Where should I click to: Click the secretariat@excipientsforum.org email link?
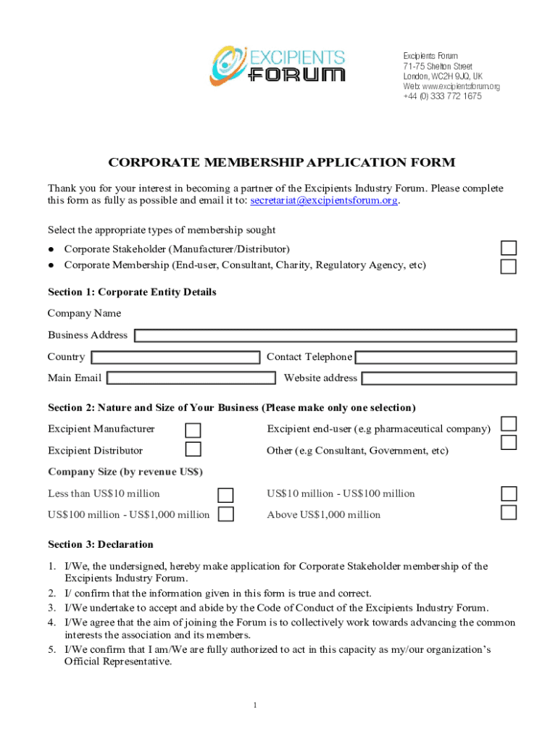tap(324, 201)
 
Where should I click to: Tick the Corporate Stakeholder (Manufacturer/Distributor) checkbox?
tap(509, 249)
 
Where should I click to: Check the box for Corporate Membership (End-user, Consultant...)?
tap(509, 267)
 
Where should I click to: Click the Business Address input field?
tap(325, 335)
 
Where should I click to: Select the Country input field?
tap(175, 357)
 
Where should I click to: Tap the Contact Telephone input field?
tap(436, 357)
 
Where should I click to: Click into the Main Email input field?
tap(191, 378)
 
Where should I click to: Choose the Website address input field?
tap(439, 378)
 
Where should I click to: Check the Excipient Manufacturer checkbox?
tap(193, 430)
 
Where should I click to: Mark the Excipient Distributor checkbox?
tap(193, 449)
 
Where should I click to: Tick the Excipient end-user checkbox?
tap(509, 424)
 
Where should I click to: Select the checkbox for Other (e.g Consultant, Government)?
tap(509, 442)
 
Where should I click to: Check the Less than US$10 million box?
tap(226, 495)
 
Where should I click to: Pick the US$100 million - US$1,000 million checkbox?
tap(226, 514)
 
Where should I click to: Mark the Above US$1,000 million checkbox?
tap(509, 513)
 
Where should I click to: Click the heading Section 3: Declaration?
tap(101, 544)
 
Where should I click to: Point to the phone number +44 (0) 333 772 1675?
tap(442, 96)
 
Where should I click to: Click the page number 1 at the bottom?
tap(256, 705)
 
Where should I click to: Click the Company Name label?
tap(84, 314)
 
